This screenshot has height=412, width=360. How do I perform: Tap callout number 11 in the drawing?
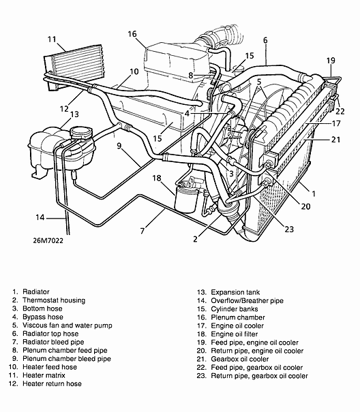click(52, 39)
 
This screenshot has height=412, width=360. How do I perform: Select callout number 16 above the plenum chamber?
click(132, 33)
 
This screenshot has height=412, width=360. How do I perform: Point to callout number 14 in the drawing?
click(40, 218)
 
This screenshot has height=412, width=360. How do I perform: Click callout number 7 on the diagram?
click(142, 232)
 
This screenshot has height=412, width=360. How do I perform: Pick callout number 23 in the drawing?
click(289, 229)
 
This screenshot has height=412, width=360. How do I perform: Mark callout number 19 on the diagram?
click(331, 61)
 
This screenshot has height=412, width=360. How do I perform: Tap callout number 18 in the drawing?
click(156, 178)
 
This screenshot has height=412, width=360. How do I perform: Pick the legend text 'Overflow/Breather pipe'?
click(247, 300)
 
